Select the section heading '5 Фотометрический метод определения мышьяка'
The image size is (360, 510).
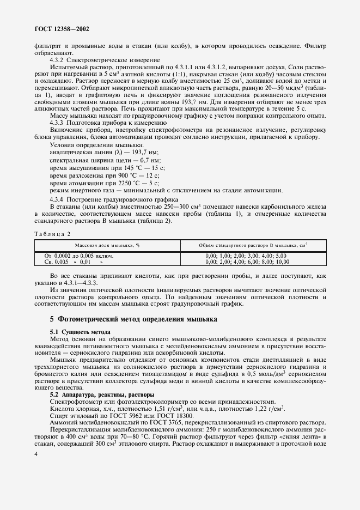[133, 318]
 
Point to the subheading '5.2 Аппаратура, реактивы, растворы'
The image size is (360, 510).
[101, 394]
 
